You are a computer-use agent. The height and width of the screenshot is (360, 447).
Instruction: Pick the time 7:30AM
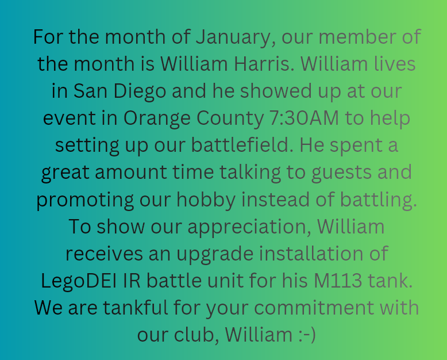[304, 118]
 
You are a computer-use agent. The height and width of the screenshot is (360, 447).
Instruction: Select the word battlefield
[242, 144]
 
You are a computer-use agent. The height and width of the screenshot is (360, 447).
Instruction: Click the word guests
[341, 173]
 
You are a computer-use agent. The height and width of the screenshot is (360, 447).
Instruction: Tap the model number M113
[338, 281]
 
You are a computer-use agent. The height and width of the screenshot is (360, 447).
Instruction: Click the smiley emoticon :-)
[307, 335]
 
